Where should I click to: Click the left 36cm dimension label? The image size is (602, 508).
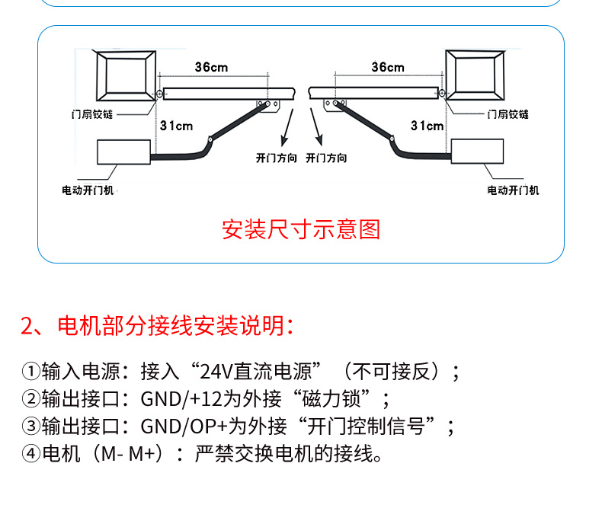click(211, 67)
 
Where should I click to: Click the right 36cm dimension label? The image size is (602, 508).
click(388, 67)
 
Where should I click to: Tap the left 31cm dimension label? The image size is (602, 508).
click(176, 126)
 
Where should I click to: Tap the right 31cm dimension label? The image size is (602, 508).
click(427, 126)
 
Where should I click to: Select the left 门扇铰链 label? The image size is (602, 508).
click(92, 114)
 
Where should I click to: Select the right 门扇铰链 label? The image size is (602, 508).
click(508, 114)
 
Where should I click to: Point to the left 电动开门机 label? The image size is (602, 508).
click(88, 190)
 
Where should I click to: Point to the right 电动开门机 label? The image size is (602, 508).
click(514, 190)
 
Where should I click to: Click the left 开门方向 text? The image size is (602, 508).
click(277, 158)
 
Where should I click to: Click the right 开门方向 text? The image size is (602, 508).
click(326, 158)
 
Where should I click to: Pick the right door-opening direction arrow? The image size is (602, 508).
click(316, 127)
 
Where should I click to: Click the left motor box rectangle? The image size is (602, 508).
click(123, 152)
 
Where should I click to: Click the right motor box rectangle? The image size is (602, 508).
click(477, 152)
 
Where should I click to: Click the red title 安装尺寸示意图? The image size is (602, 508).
click(301, 229)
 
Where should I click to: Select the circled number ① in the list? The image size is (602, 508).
click(31, 372)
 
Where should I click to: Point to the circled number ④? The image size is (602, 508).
click(31, 453)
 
